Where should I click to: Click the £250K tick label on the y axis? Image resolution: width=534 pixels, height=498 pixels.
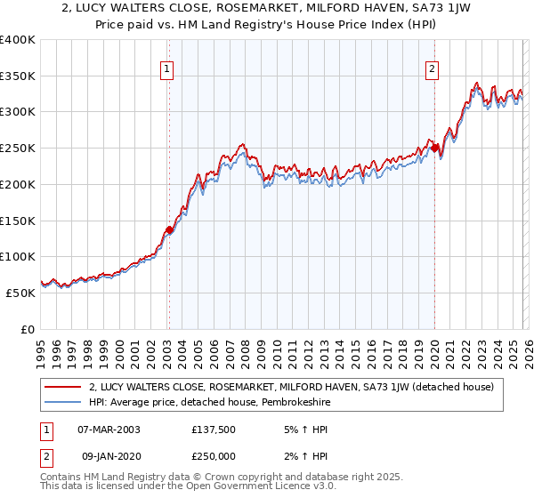pos(18,149)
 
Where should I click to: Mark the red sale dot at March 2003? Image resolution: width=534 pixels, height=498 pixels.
pos(169,229)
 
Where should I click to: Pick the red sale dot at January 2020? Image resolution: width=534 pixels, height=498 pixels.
pos(433,148)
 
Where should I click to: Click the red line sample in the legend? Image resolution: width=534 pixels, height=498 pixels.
pos(62,386)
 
